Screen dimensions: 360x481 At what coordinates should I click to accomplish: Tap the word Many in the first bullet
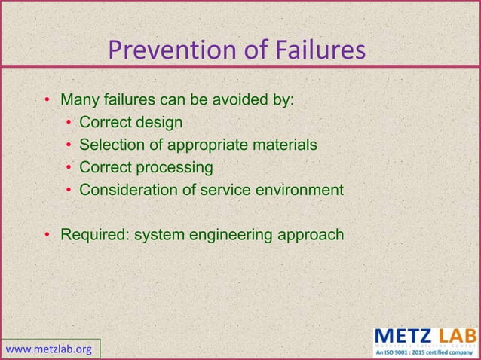pos(78,100)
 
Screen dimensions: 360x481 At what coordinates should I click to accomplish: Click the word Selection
pos(110,145)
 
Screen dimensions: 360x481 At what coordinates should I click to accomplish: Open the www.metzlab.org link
pos(50,349)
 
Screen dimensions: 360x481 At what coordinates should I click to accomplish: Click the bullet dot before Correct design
pos(69,123)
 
